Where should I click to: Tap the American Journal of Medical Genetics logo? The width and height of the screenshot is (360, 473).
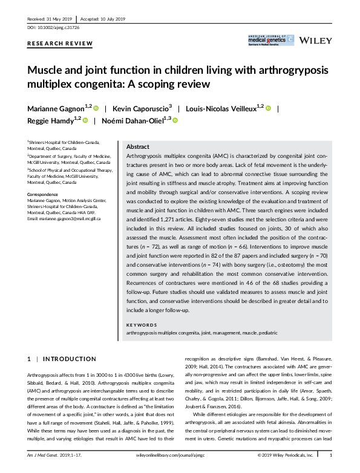[270, 41]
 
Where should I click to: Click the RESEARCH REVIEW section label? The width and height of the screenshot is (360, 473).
[61, 44]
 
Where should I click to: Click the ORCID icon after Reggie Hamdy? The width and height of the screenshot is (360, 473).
[85, 121]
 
